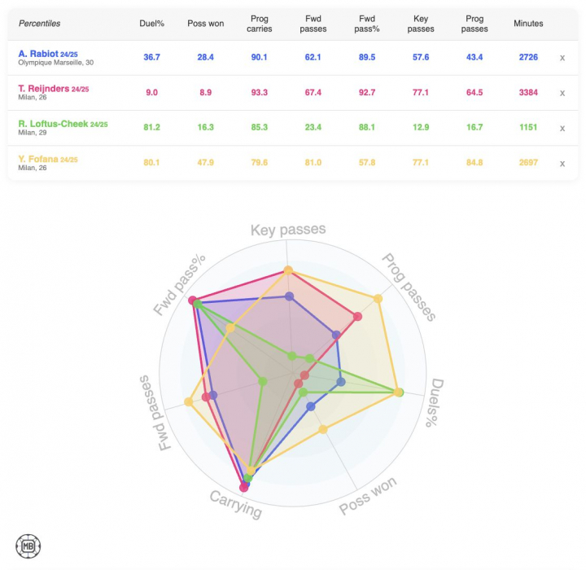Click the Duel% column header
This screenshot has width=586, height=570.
151,24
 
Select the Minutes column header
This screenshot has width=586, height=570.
528,24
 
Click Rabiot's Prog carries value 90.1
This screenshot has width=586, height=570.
260,57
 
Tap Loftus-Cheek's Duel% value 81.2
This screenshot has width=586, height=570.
151,128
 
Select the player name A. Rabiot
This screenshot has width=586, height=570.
37,54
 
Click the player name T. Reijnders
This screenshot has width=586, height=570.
42,89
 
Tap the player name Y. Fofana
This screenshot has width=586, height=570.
37,159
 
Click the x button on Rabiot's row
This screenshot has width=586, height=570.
562,58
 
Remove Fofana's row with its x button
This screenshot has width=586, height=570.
562,164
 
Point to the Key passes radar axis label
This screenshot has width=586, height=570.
287,230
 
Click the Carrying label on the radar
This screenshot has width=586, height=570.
236,504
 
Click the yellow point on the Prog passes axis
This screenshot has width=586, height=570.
378,299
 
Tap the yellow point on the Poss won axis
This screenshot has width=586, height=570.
323,429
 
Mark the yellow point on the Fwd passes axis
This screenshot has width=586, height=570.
189,401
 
